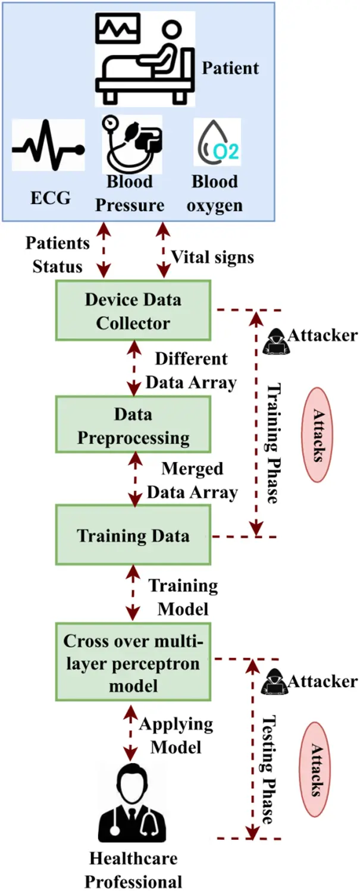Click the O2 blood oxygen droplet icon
218,143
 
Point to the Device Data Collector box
133,311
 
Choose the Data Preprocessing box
133,426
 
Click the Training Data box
133,535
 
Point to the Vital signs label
212,258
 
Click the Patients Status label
58,255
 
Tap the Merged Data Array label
192,481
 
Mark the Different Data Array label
192,371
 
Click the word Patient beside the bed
230,68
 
